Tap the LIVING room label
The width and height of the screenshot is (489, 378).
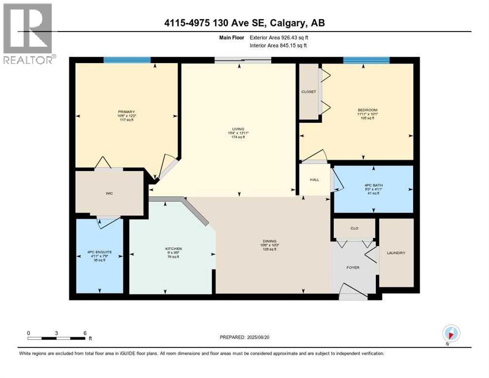click(239, 129)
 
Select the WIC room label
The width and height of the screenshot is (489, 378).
click(109, 193)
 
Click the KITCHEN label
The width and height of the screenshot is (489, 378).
click(173, 249)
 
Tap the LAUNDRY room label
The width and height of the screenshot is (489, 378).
click(396, 253)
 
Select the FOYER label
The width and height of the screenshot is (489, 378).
click(353, 268)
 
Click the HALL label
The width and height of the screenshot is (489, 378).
click(314, 180)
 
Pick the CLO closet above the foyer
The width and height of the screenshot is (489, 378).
click(354, 228)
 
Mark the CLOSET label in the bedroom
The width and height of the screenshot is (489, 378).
click(308, 92)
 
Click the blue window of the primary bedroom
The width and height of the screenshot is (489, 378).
click(127, 60)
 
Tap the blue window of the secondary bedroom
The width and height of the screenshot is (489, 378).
click(366, 60)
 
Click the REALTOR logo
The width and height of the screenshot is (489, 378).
click(28, 33)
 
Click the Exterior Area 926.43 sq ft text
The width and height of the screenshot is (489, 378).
click(280, 37)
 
